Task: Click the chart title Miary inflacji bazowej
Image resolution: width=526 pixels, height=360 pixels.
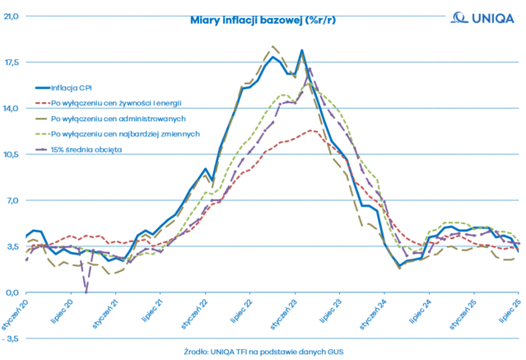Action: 263,21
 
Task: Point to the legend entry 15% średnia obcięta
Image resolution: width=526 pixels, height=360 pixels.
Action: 86,149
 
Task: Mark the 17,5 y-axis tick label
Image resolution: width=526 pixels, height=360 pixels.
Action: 12,62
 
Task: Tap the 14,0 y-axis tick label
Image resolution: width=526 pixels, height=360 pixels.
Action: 12,108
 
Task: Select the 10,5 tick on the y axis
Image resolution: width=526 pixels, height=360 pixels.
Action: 12,154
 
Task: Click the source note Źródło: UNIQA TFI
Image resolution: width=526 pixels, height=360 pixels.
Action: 263,352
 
